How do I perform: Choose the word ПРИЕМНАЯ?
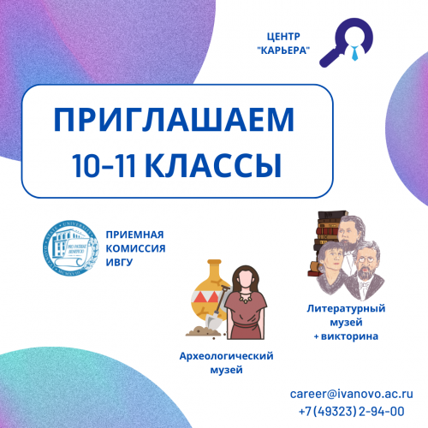coord(134,235)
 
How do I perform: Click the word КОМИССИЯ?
coord(135,248)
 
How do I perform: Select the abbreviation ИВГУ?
coord(121,261)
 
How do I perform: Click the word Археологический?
coord(225,355)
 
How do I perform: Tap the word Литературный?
coord(346,306)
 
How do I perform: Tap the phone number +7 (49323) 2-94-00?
coord(351,411)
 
